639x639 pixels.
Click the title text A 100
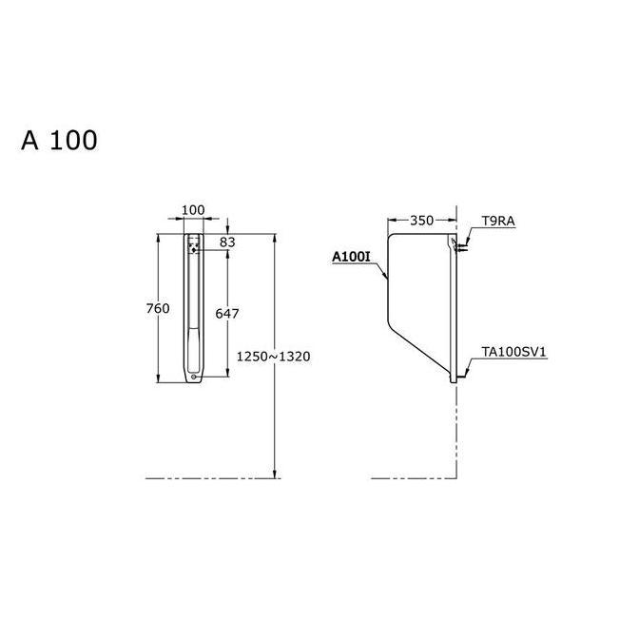(59, 141)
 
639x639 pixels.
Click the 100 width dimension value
(193, 209)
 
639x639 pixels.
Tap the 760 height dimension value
(158, 308)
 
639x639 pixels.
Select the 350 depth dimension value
(421, 221)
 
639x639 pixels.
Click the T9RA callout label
(497, 221)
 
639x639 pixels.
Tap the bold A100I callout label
(350, 257)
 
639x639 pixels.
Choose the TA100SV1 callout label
(513, 352)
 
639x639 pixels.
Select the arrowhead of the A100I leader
(386, 279)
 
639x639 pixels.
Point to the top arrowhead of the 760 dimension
(159, 235)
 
